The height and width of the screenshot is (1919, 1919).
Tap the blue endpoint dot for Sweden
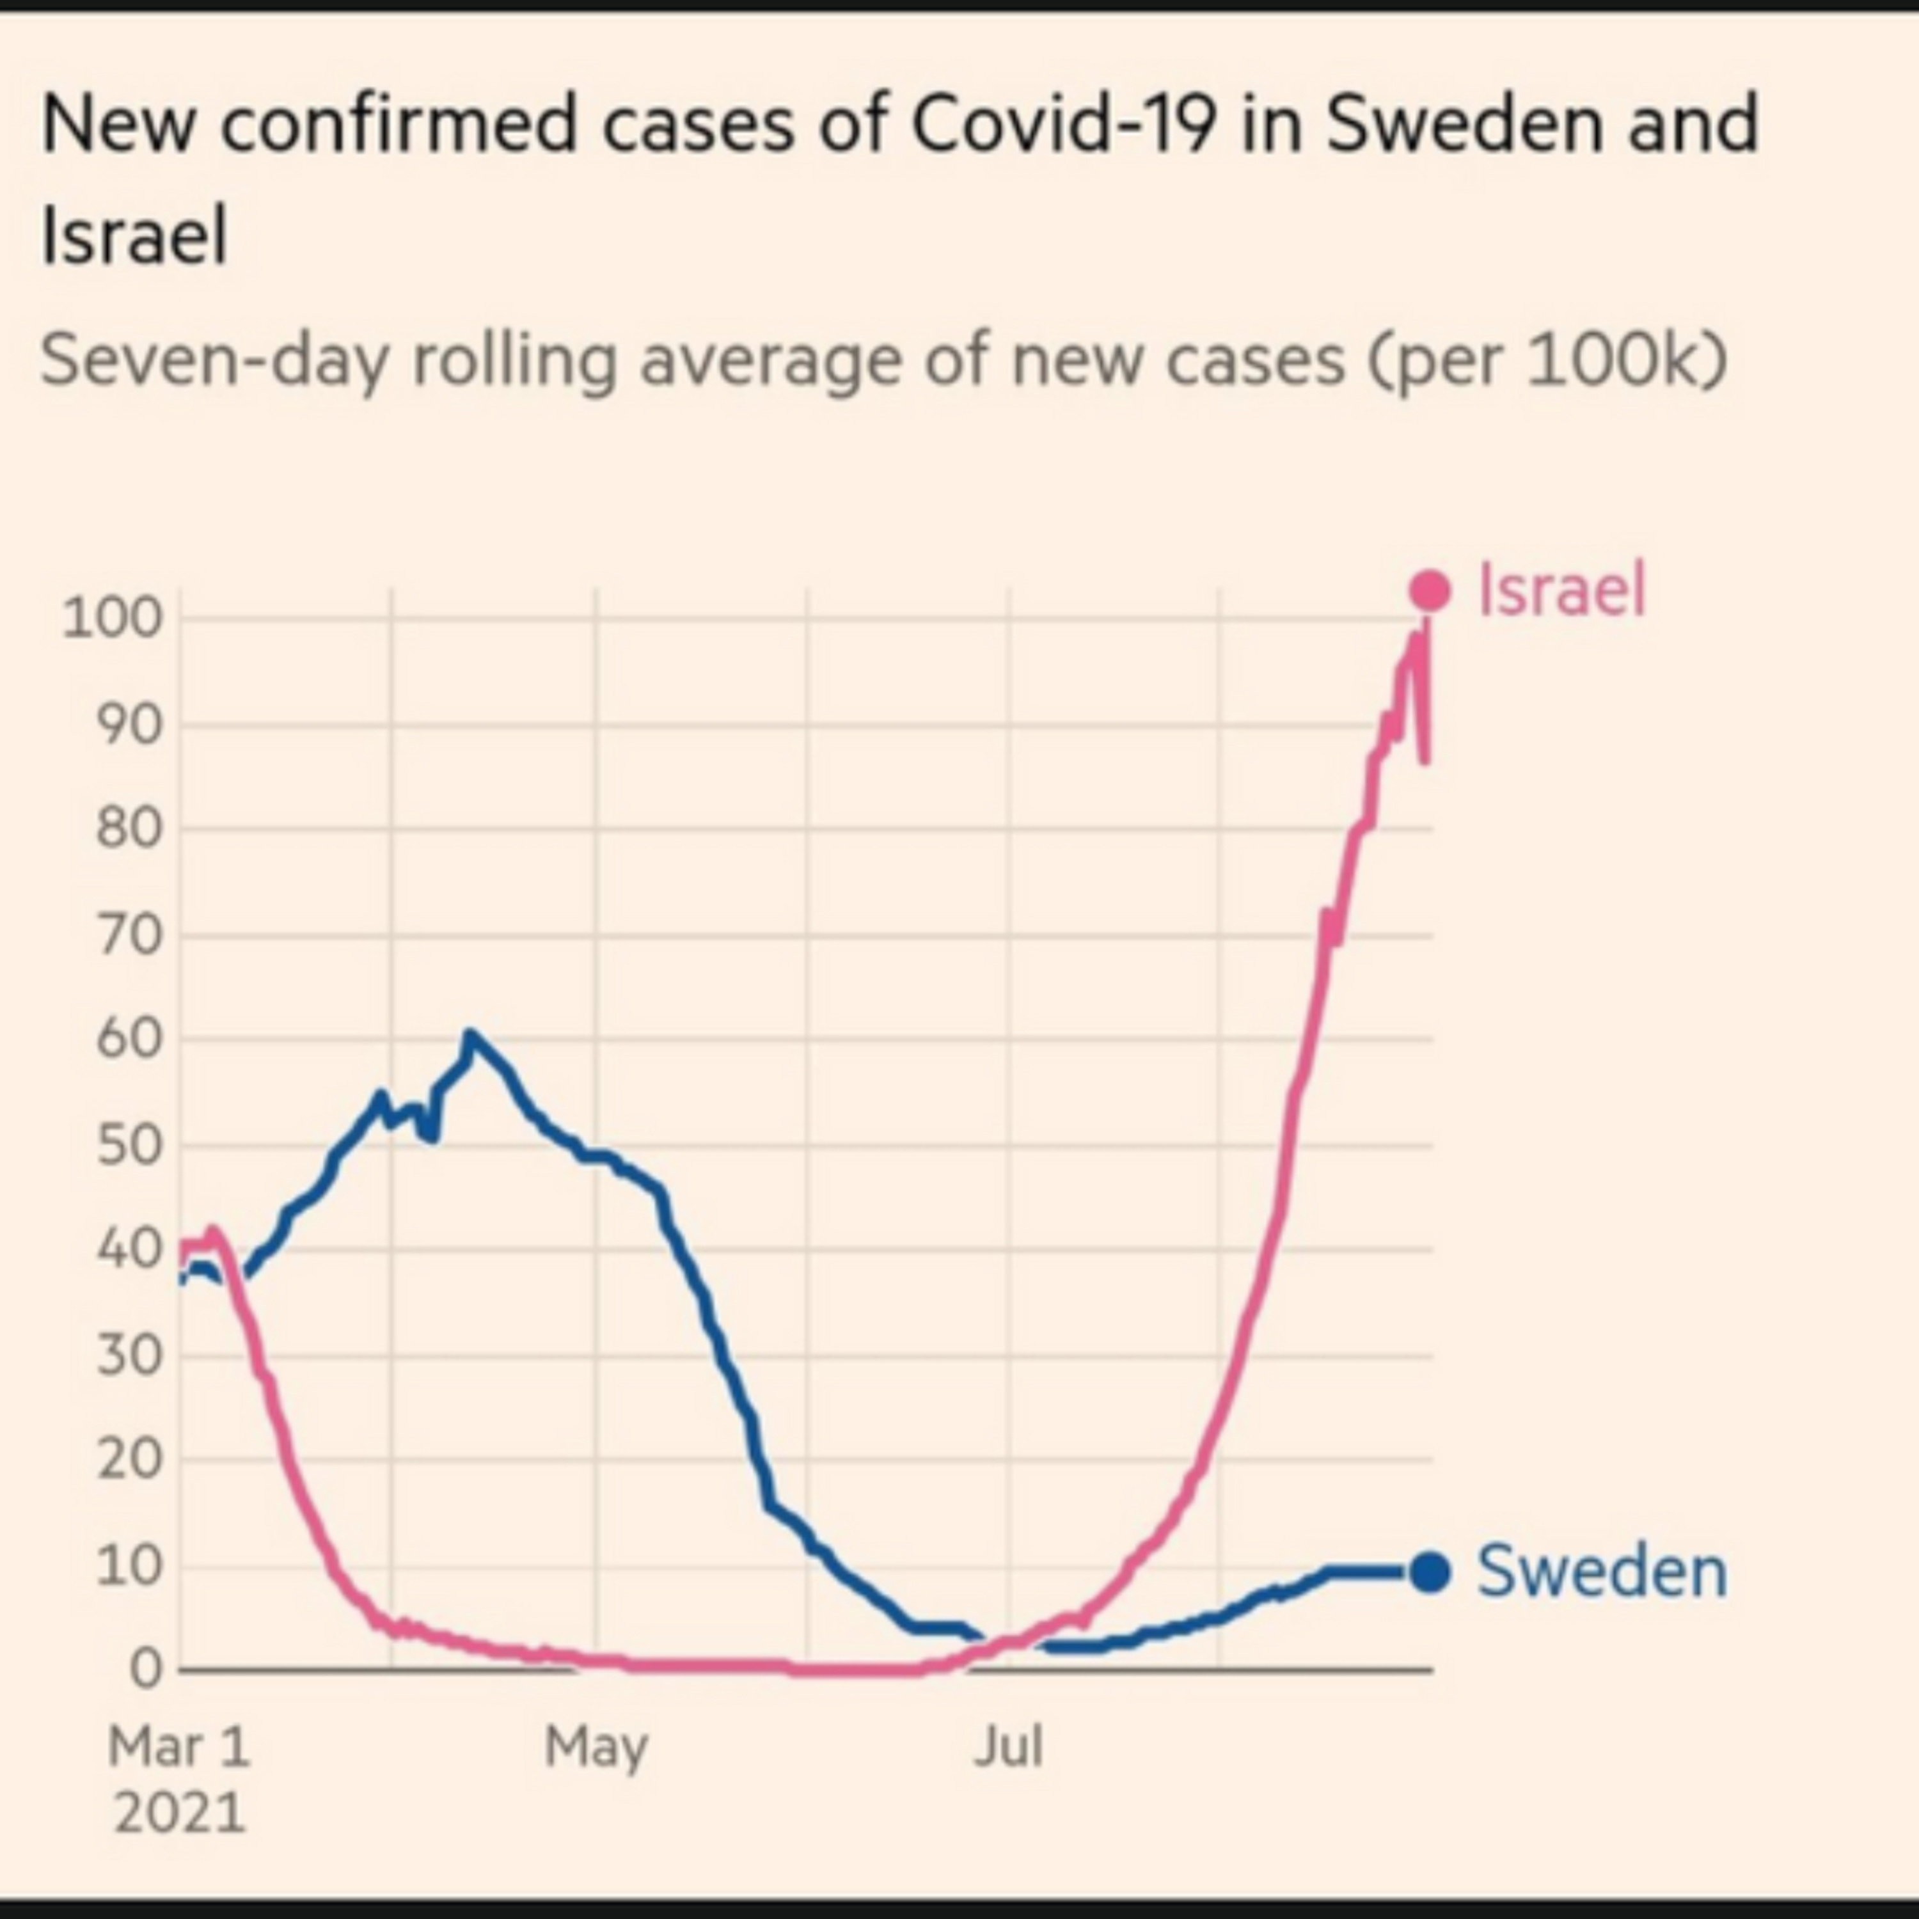coord(1430,1572)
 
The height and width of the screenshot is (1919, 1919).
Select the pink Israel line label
coord(1561,590)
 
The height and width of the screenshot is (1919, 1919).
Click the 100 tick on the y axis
coord(111,618)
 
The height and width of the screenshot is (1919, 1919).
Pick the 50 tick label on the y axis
coord(128,1145)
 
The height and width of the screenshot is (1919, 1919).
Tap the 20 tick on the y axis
coord(128,1460)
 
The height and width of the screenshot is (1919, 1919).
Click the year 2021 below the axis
coord(179,1813)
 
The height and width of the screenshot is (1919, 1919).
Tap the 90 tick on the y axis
coord(128,725)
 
